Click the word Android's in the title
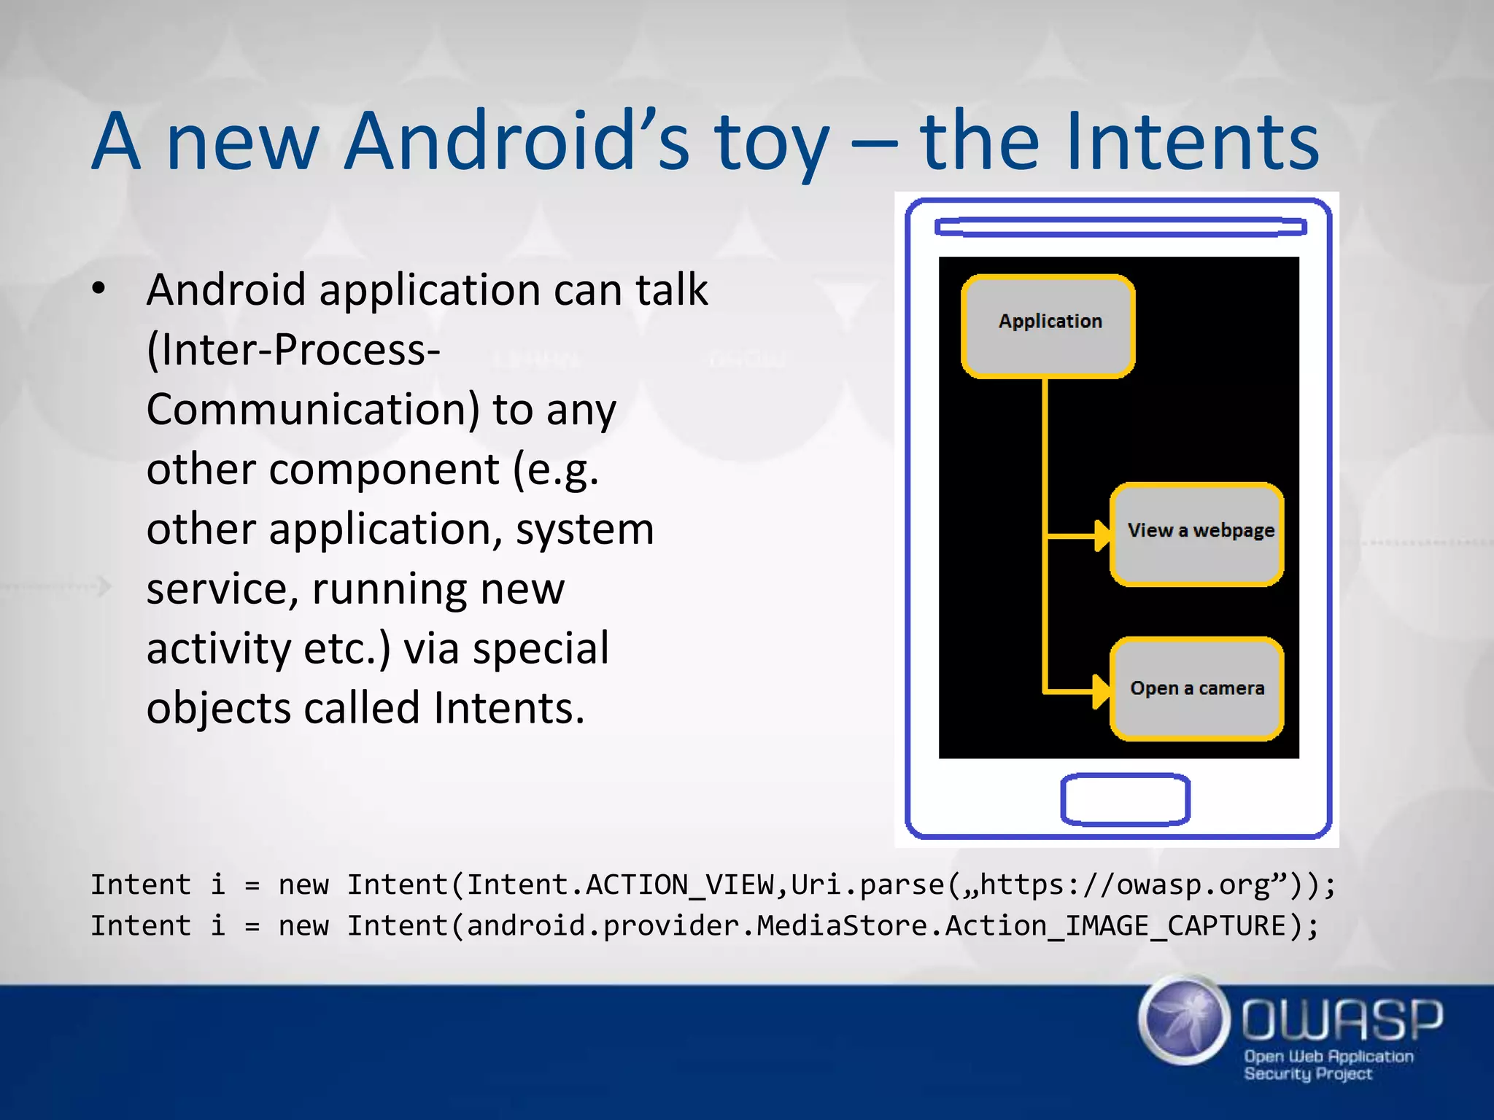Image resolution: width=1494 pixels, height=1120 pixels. tap(516, 141)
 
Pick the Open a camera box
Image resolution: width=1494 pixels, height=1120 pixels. tap(1196, 688)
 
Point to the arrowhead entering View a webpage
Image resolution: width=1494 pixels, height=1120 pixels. tap(1102, 536)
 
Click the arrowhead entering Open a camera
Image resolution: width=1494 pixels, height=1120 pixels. tap(1101, 691)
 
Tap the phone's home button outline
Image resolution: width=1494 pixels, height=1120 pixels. tap(1125, 799)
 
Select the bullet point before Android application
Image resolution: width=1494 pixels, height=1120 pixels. tap(99, 289)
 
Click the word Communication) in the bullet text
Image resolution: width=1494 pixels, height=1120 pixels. tap(313, 410)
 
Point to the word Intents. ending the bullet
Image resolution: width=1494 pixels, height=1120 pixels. tap(508, 708)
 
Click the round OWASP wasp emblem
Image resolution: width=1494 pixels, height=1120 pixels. tap(1183, 1020)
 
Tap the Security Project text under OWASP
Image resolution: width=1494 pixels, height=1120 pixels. tap(1307, 1073)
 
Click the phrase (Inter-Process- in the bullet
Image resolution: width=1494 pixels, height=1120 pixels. tap(293, 350)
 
